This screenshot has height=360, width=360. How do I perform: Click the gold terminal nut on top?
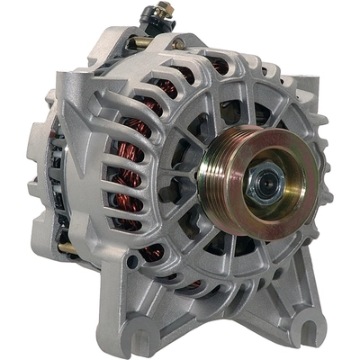coord(163,11)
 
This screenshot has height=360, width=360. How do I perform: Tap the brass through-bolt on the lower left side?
coord(68,247)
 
